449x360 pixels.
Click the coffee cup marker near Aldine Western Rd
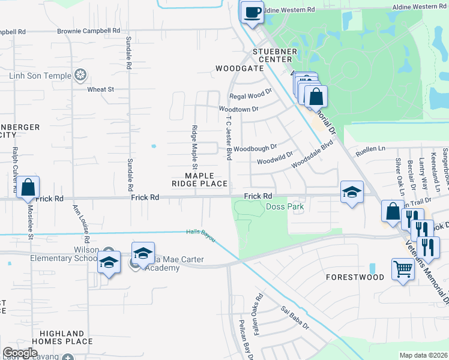pos(252,11)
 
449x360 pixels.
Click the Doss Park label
pos(285,206)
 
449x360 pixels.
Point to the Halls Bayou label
pos(200,232)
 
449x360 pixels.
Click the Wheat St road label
pos(100,89)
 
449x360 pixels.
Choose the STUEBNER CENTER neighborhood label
pos(275,56)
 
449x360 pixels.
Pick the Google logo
pos(20,353)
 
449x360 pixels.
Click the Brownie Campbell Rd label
pos(89,31)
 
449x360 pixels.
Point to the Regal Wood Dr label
pos(250,96)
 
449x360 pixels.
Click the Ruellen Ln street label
pos(369,148)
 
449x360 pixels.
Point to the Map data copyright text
pos(424,355)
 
